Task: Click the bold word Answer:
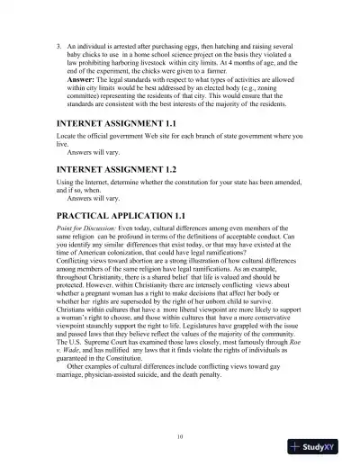point(84,80)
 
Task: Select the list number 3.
point(58,44)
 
